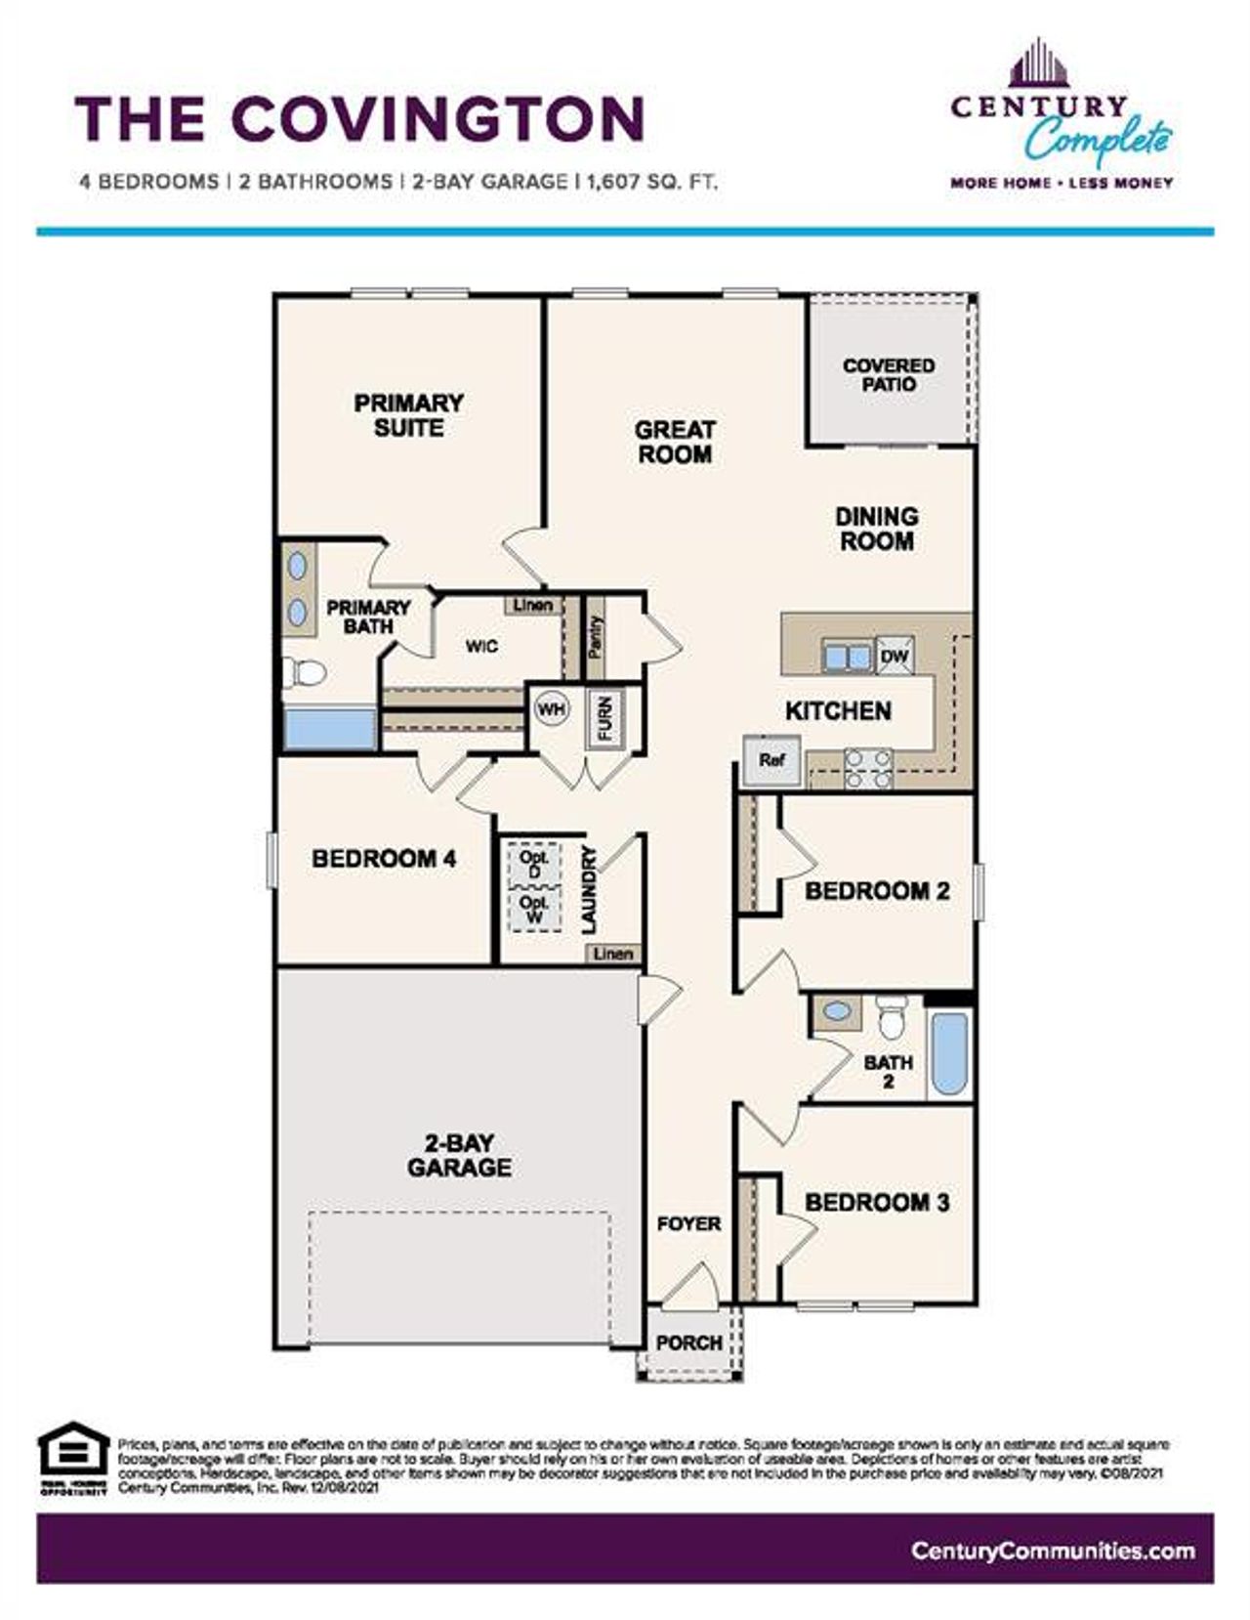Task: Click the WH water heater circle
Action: tap(552, 709)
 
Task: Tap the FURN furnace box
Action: tap(604, 719)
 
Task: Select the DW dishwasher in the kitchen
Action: tap(895, 657)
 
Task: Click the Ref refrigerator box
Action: tap(771, 759)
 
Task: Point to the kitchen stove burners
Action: tap(868, 767)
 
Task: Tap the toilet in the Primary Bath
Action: tap(305, 672)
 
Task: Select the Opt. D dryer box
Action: tap(534, 864)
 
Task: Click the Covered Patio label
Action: tap(889, 375)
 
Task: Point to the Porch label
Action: tap(688, 1343)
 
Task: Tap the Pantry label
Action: tap(596, 636)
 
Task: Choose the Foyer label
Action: tap(688, 1223)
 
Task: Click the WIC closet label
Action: tap(481, 646)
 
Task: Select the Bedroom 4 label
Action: tap(384, 859)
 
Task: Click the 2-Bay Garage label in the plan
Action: tap(459, 1155)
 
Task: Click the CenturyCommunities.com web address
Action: tap(1052, 1551)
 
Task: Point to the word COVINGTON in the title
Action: tap(438, 118)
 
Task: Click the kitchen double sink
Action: tap(846, 657)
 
